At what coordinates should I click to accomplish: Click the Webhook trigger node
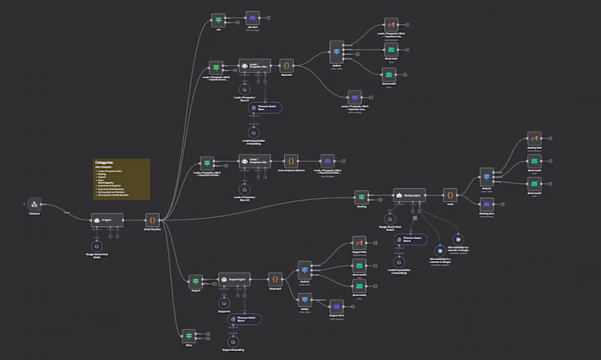[33, 204]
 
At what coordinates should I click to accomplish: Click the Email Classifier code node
[153, 219]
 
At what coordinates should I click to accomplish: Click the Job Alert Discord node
[253, 19]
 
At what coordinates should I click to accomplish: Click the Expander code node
[286, 65]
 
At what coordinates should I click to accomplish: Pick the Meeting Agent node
[409, 196]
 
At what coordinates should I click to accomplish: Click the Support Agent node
[234, 280]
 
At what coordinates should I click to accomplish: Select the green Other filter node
[189, 334]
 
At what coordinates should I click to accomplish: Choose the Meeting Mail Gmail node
[533, 140]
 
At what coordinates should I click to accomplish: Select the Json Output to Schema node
[290, 160]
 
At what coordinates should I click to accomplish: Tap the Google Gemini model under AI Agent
[96, 247]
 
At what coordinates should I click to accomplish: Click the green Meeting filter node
[361, 196]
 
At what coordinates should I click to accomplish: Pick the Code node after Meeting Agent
[449, 196]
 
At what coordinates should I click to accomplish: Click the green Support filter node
[195, 280]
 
